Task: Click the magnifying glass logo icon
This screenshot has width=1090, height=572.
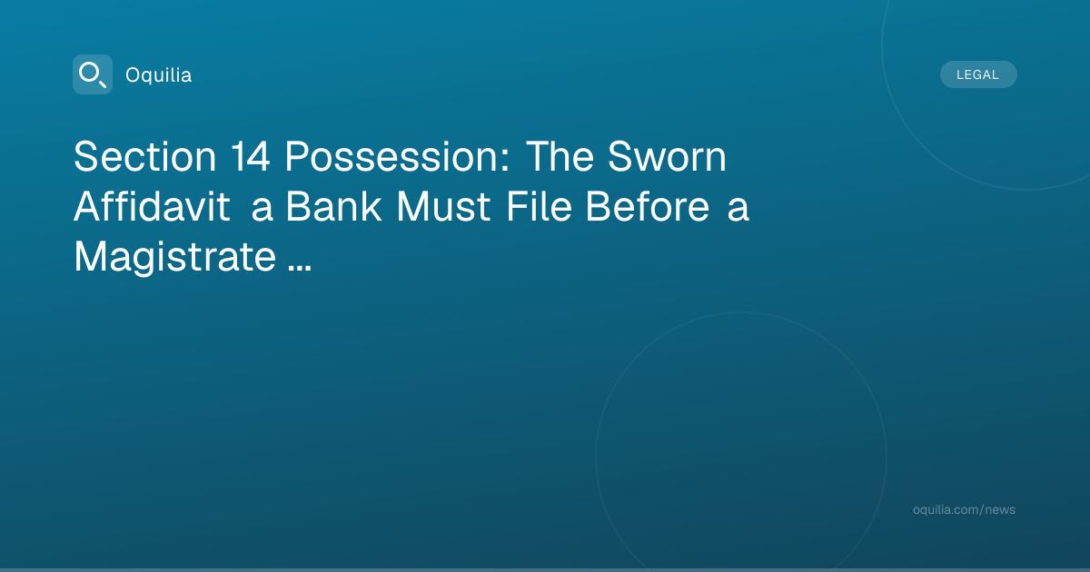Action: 93,74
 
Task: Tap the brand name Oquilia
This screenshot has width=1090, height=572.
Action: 159,75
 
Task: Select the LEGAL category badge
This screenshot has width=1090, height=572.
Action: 978,74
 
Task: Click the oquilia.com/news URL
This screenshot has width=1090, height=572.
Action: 964,509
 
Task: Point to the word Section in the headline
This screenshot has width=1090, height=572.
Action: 145,156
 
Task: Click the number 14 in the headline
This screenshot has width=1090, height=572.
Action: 250,156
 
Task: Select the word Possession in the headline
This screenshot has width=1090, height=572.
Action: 391,156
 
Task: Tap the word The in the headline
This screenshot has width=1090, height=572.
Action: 560,156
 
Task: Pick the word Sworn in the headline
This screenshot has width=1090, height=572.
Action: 667,156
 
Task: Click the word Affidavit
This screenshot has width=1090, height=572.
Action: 152,207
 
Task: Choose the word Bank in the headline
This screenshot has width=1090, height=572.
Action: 333,207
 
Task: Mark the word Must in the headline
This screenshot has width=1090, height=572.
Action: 443,207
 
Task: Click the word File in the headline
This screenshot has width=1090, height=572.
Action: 539,207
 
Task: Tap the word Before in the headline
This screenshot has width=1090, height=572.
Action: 648,207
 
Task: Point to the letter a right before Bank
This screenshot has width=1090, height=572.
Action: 262,210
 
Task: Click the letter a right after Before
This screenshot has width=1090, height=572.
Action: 738,210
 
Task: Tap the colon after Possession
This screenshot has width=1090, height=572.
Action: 505,160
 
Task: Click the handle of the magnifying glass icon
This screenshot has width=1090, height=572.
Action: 102,84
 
